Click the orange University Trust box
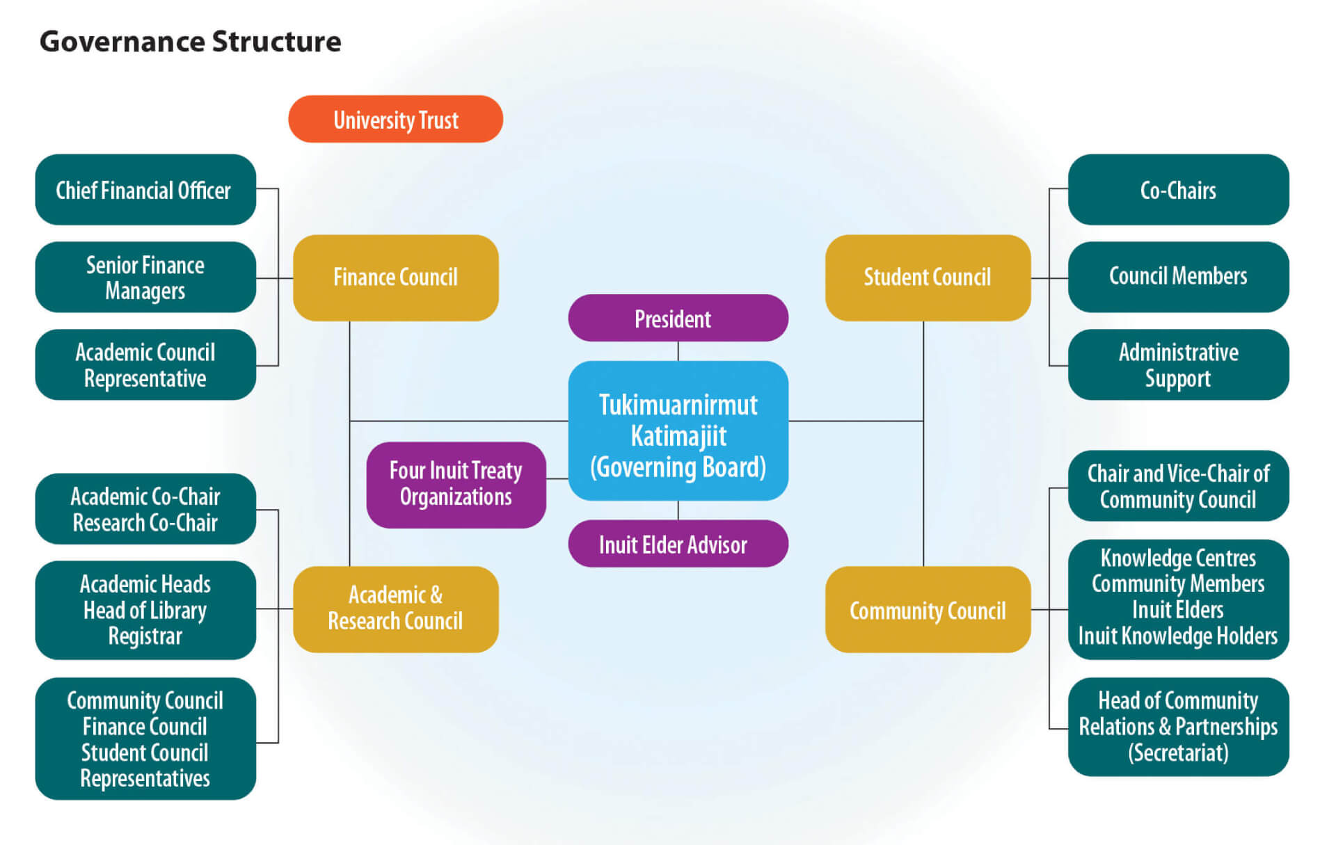395,120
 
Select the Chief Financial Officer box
145,190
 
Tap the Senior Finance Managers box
145,277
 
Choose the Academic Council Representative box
145,365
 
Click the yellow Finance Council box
395,277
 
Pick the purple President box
678,319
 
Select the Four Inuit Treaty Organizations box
456,485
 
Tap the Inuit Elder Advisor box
678,544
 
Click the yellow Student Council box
927,277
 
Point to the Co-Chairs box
1177,190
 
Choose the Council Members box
1177,276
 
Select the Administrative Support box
1177,365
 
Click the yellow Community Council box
927,610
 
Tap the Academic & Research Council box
395,609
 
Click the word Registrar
145,636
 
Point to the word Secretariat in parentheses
1177,753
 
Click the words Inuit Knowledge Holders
1177,636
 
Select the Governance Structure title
190,42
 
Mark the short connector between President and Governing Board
678,351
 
